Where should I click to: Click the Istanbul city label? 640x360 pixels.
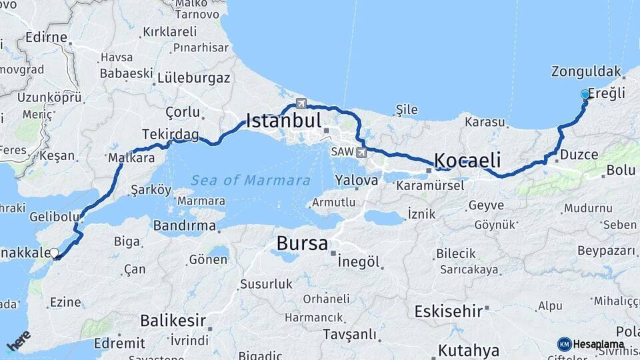click(284, 121)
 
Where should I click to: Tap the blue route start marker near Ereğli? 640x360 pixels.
click(585, 95)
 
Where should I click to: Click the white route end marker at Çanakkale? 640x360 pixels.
click(54, 253)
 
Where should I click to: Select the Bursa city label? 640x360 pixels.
click(302, 243)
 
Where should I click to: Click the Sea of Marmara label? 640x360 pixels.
click(250, 180)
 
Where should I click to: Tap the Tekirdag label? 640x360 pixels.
click(170, 135)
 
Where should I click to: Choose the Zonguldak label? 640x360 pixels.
click(587, 71)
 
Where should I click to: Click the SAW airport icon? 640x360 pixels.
click(362, 153)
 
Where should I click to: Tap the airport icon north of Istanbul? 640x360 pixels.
click(301, 103)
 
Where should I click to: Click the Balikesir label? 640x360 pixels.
click(173, 321)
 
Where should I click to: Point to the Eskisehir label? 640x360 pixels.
click(448, 311)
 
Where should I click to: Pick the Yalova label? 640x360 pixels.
click(357, 180)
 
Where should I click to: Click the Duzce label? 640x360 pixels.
click(579, 155)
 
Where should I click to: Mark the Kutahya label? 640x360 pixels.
click(469, 351)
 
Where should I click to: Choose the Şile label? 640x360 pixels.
click(406, 109)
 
